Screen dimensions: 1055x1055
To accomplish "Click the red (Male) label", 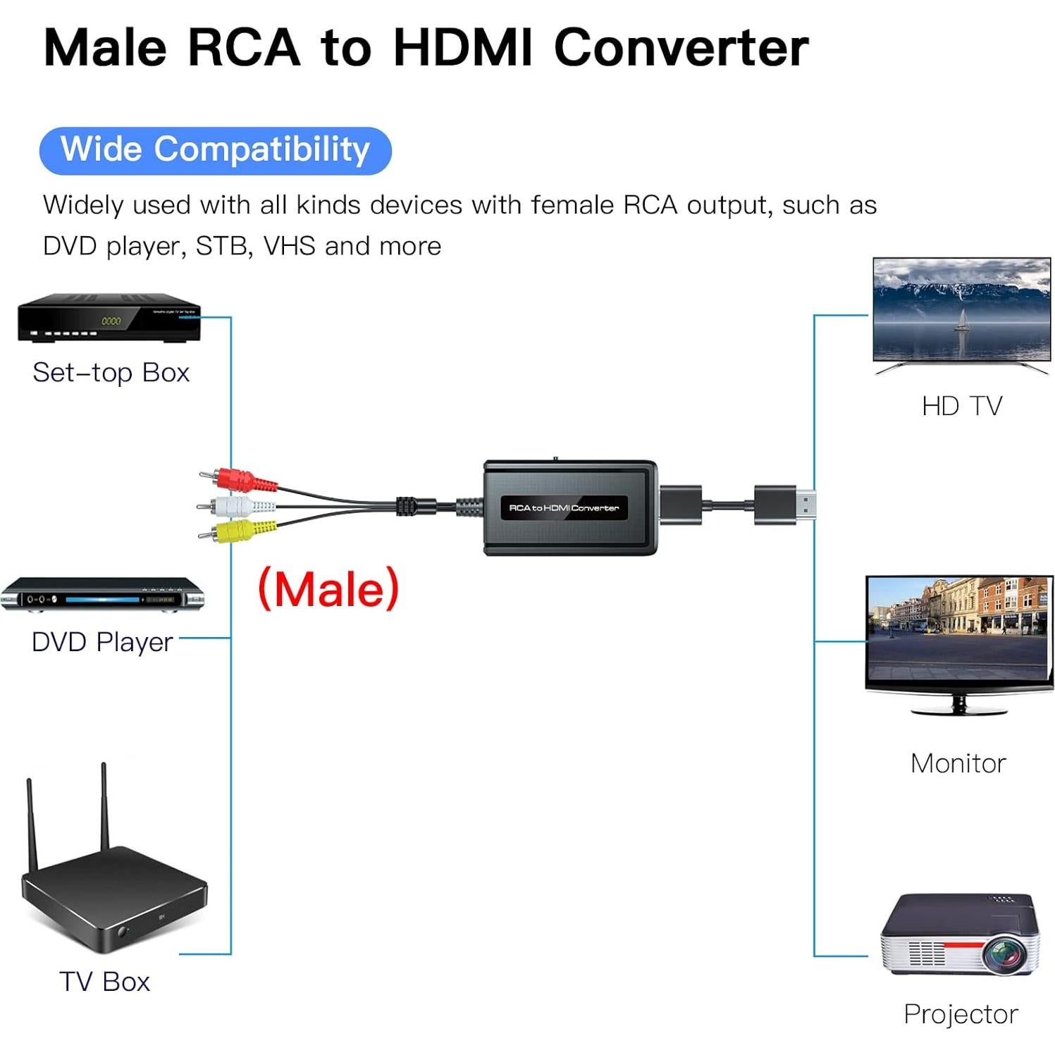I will [328, 589].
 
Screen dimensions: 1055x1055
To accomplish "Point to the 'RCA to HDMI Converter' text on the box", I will [564, 508].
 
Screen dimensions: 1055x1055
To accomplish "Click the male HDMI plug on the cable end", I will [784, 505].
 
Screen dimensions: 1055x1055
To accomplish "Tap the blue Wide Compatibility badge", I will [215, 150].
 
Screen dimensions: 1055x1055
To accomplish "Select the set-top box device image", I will [109, 319].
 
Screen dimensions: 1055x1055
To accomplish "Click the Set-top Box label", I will [111, 373].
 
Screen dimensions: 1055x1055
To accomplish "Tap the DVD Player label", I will [102, 642].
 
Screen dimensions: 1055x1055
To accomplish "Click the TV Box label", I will [104, 982].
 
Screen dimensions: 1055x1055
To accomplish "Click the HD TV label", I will [961, 406].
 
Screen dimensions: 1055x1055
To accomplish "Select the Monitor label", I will [958, 763].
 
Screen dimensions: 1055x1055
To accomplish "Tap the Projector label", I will [961, 1014].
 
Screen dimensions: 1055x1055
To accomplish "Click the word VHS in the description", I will [290, 246].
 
